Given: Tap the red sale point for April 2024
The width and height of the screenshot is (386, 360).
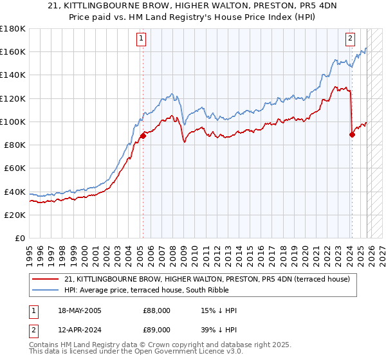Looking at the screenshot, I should [x=352, y=134].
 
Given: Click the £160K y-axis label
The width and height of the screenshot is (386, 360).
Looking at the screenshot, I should [x=13, y=51].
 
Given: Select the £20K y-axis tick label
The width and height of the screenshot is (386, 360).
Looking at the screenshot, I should [x=15, y=215].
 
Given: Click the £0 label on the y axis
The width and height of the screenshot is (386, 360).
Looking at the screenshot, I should [x=19, y=238].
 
